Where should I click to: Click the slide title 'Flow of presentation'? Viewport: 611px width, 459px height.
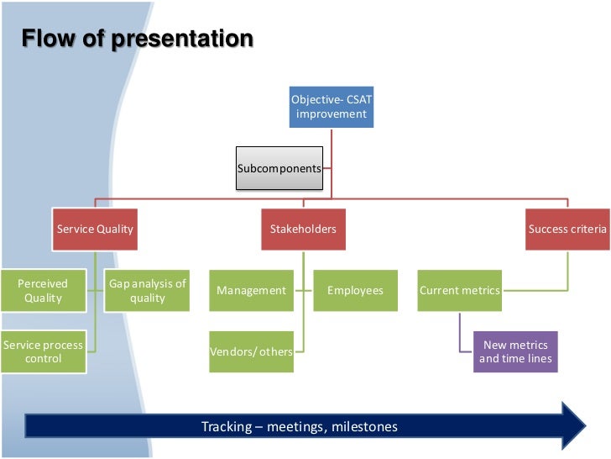(137, 40)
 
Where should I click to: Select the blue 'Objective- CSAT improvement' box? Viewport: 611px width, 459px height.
(331, 107)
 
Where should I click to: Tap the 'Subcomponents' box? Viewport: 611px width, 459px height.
(279, 168)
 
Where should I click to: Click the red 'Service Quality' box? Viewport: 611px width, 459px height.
(95, 229)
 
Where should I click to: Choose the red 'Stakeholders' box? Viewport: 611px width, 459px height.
(303, 229)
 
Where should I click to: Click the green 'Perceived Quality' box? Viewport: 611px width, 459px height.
(43, 291)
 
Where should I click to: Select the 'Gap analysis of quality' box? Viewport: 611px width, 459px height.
(148, 291)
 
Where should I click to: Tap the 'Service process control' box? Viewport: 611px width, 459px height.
(43, 352)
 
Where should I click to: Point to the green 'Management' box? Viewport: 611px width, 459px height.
(251, 291)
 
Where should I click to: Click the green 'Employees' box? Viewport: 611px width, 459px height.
(355, 291)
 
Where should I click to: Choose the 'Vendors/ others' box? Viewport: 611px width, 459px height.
(251, 351)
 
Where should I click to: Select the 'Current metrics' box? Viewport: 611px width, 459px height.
(459, 291)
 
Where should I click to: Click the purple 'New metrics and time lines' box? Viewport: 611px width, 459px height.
(515, 351)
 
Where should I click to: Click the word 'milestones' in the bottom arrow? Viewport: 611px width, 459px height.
(364, 427)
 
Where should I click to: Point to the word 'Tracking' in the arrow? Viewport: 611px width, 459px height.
(227, 427)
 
